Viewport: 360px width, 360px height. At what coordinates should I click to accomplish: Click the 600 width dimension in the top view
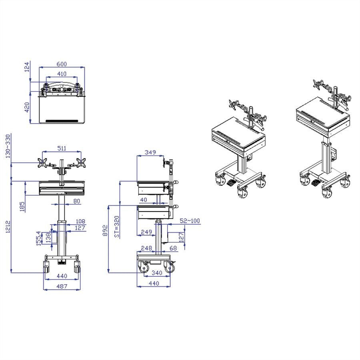click(x=62, y=64)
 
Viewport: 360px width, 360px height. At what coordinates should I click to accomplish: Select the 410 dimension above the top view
click(x=62, y=74)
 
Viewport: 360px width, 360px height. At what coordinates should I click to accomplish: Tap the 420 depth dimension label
click(x=27, y=107)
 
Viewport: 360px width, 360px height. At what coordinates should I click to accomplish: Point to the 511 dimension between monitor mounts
click(x=62, y=148)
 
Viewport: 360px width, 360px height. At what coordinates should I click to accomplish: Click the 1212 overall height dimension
click(x=8, y=227)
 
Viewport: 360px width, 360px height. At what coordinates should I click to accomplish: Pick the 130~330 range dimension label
click(x=8, y=146)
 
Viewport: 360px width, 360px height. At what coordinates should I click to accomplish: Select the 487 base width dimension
click(x=62, y=286)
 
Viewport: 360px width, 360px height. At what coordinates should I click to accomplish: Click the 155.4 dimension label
click(x=39, y=238)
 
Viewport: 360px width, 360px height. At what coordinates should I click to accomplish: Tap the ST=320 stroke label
click(x=117, y=227)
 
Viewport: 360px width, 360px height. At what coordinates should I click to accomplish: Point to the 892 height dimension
click(x=105, y=230)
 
